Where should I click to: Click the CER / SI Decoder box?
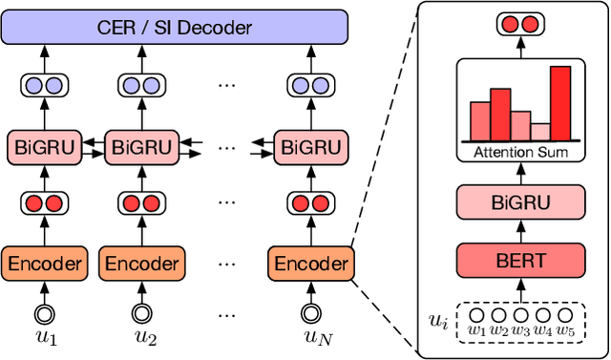(x=176, y=27)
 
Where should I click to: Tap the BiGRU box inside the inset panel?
(x=521, y=202)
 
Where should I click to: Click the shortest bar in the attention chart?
(x=540, y=132)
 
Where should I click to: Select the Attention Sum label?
(x=521, y=152)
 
